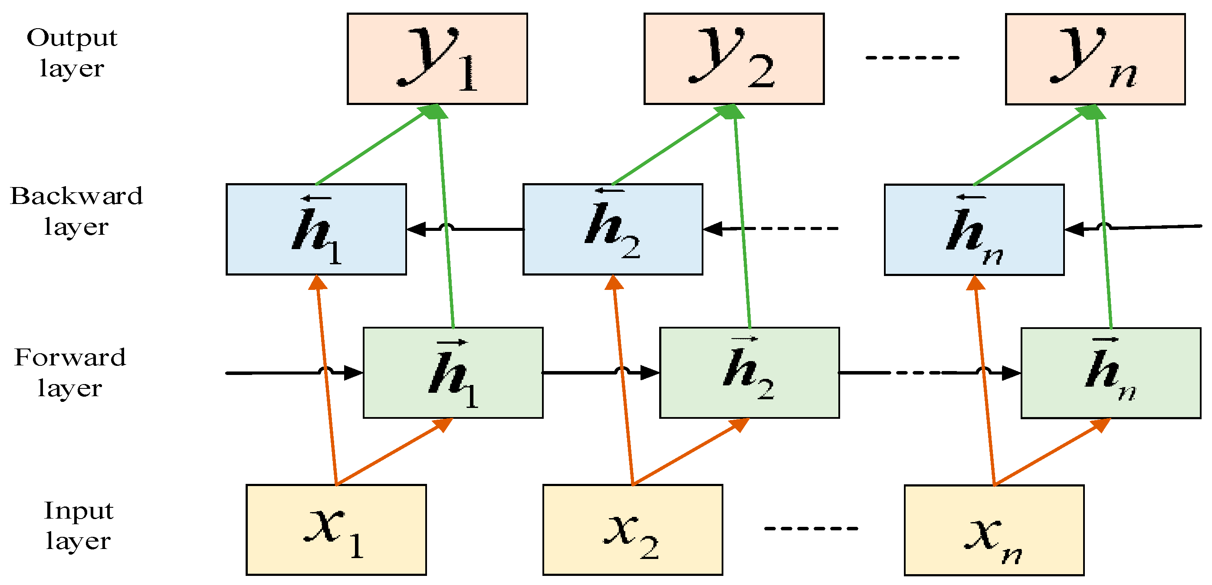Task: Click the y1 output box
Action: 437,59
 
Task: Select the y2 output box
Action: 733,59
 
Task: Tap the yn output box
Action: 1095,59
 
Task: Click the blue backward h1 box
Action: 316,229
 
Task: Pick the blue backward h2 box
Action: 613,229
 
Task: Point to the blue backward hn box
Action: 974,230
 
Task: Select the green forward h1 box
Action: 453,373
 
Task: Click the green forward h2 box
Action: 749,373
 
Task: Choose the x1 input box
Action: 336,529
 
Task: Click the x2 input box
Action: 632,529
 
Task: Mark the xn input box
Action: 994,530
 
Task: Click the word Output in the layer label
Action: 72,38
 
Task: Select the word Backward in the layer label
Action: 76,196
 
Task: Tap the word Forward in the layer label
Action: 70,357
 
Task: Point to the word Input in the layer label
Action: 79,511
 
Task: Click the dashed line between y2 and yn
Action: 912,57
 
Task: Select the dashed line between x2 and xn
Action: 811,528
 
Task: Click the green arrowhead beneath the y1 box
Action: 434,112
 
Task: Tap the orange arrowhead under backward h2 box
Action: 614,283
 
